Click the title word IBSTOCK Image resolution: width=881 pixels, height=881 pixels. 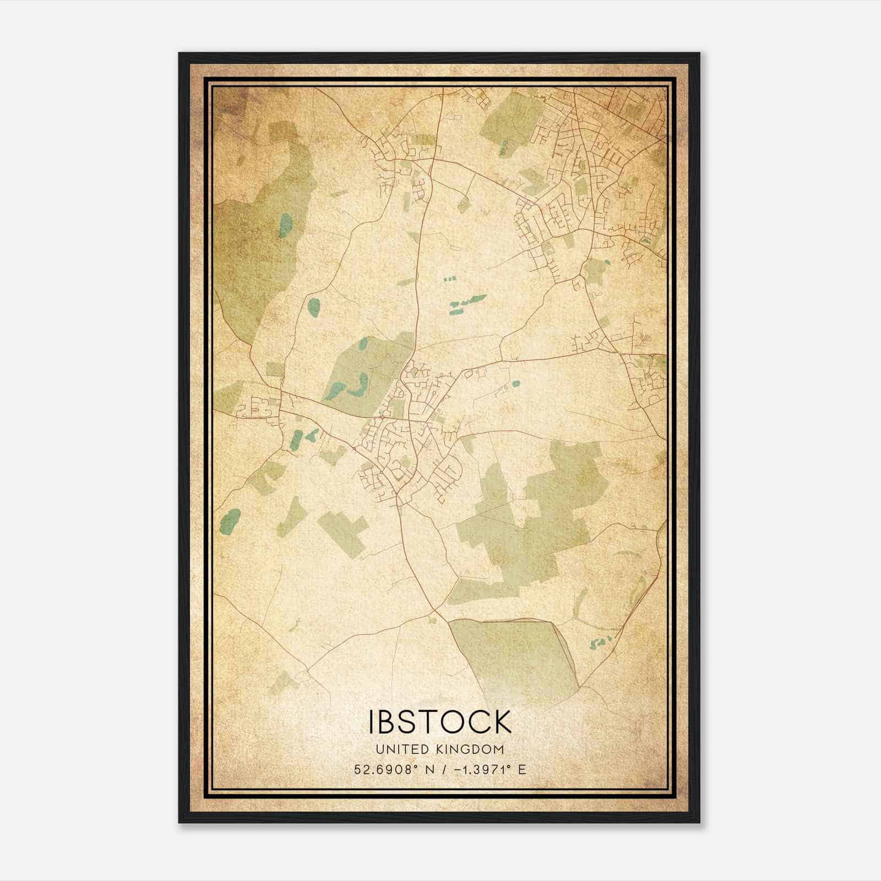(x=440, y=722)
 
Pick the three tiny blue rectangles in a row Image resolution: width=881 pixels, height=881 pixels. (x=450, y=280)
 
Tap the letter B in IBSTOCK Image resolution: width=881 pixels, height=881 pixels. (x=390, y=722)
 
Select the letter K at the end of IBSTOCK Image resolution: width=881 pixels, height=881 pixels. (x=501, y=722)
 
